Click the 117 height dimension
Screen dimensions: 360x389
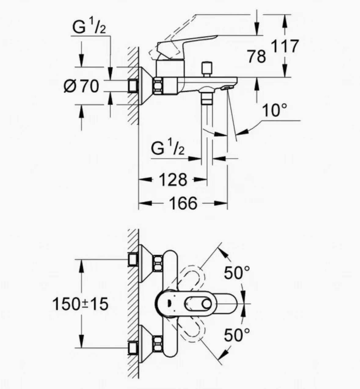(x=285, y=46)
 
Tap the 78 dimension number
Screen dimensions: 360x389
(x=257, y=56)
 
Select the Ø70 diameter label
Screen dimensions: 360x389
(x=81, y=86)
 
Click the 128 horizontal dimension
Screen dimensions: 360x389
(x=173, y=180)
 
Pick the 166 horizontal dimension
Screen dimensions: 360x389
(x=183, y=203)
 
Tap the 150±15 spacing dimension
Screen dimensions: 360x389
(x=80, y=303)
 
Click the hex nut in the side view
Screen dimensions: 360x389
(x=158, y=86)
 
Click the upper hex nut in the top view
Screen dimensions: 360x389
(x=158, y=263)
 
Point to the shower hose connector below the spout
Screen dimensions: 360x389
(x=207, y=98)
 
